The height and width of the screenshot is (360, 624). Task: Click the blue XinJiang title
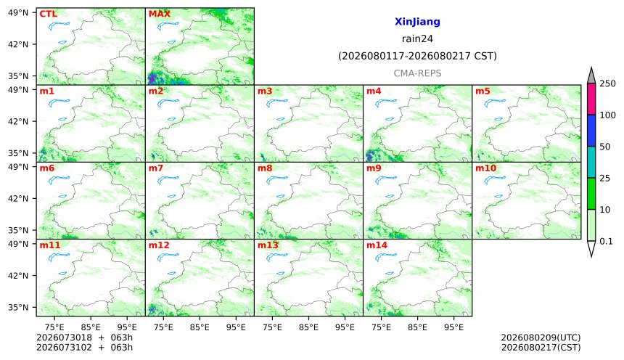coord(417,22)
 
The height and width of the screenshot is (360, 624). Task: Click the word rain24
coord(417,38)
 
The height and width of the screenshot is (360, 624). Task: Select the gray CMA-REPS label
coord(417,73)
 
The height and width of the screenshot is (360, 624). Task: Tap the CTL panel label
coord(48,14)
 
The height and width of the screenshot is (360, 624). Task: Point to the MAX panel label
coord(159,14)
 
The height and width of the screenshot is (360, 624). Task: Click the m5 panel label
coord(483,91)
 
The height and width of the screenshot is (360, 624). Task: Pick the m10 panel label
coord(485,168)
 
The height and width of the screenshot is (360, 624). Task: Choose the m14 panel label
coord(377,245)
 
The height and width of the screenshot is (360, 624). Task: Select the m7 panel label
coord(156,168)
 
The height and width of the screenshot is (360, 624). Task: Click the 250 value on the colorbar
coord(607,83)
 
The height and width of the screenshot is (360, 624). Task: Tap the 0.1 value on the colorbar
coord(606,241)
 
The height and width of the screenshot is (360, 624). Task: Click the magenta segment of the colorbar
coord(591,99)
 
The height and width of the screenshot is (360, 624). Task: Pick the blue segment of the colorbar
coord(591,131)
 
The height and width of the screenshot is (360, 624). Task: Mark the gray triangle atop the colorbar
coord(591,77)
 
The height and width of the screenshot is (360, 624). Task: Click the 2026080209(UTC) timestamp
coord(541,337)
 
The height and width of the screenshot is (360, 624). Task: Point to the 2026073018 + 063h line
coord(84,337)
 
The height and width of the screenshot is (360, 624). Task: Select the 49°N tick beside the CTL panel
coord(18,13)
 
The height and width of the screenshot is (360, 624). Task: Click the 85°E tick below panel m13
coord(308,327)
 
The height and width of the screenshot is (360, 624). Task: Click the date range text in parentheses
coord(417,56)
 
